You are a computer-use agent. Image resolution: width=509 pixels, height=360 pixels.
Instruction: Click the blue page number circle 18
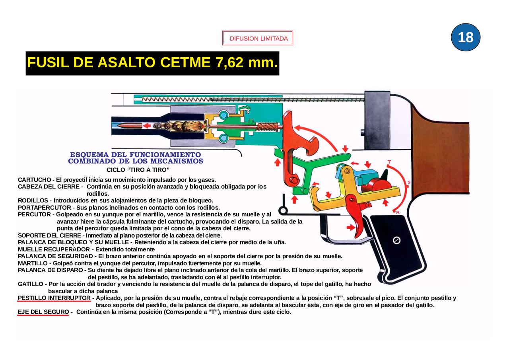click(466, 37)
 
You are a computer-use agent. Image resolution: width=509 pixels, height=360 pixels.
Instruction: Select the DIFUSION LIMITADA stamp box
click(258, 39)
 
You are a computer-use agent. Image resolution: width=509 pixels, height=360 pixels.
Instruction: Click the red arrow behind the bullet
click(148, 126)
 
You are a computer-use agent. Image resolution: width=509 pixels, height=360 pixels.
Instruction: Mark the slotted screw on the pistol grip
click(396, 240)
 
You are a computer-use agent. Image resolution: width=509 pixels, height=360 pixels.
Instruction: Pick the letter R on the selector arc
click(398, 212)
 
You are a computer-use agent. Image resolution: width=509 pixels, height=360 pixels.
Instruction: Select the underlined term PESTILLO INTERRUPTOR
click(54, 298)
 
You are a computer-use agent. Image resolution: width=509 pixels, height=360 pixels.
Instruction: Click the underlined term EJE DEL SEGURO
click(43, 312)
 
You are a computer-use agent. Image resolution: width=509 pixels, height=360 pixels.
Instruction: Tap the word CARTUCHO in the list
click(34, 179)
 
